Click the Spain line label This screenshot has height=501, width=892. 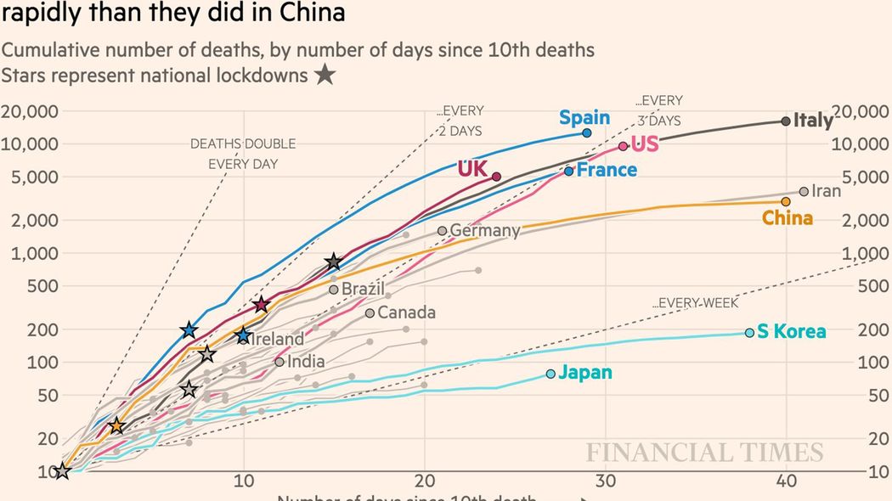coord(584,118)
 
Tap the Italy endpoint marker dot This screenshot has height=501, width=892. coord(786,121)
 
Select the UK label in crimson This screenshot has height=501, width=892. coord(472,168)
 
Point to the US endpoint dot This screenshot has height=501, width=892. coord(624,146)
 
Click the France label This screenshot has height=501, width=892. coord(607,170)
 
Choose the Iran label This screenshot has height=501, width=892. coord(826,191)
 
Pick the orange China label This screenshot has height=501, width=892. coord(788,218)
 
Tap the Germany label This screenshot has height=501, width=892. coord(484,230)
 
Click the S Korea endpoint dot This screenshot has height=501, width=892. coord(749,332)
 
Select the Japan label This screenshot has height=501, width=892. coord(585,373)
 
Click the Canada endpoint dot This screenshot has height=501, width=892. coord(370,313)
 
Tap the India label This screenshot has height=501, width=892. coord(306,362)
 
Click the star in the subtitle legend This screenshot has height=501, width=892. coord(325,76)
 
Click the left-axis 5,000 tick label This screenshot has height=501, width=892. coord(33,177)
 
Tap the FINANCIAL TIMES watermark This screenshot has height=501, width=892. coord(704,453)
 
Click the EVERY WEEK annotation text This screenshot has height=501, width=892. coord(696,303)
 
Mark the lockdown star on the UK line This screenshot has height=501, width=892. coord(262,305)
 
